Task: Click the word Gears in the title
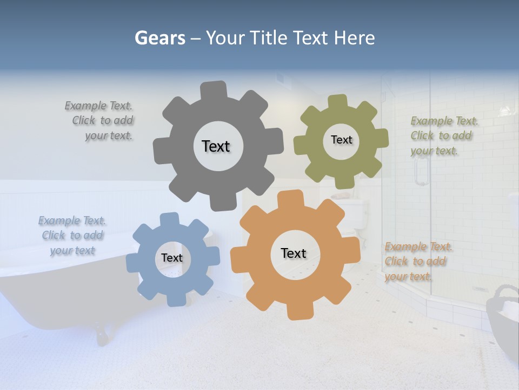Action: (160, 38)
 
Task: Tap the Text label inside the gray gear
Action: (216, 146)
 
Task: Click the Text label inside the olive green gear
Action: (341, 140)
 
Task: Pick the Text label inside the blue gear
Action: (172, 258)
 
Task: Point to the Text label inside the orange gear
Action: (294, 253)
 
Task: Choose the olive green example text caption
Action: (442, 136)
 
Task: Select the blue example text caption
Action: (72, 236)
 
